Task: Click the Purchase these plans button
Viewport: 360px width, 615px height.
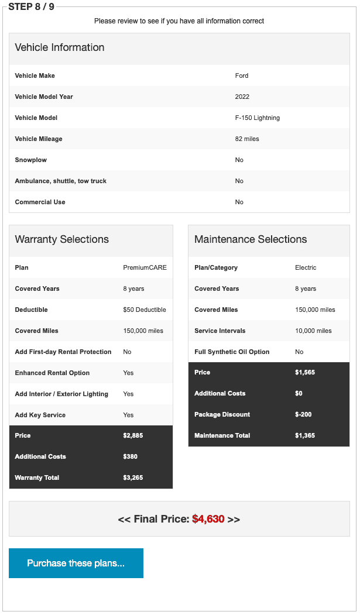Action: coord(76,563)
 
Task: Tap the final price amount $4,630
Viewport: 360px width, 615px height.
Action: coord(208,519)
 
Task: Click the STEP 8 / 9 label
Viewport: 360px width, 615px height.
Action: coord(31,7)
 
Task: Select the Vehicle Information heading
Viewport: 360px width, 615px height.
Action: coord(60,47)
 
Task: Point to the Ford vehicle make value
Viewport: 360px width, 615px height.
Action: coord(242,75)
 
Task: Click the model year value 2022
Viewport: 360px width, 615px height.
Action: coord(242,97)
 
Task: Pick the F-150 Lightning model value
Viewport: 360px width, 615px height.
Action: coord(258,118)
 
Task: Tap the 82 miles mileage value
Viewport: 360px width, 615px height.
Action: coord(247,139)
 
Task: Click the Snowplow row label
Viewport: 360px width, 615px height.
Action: coord(31,160)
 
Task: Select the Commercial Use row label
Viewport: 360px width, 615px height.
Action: coord(40,202)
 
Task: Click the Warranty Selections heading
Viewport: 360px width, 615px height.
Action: coord(62,239)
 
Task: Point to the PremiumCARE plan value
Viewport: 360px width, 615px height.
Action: coord(145,267)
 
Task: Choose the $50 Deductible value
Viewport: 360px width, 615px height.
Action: coord(145,310)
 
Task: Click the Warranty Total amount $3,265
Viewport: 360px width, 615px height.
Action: coord(133,477)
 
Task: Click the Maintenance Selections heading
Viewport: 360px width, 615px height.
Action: coord(251,239)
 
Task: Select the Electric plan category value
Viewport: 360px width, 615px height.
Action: coord(306,267)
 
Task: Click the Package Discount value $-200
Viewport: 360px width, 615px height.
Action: coord(303,414)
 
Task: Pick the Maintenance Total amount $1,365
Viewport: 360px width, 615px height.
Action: coord(305,435)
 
